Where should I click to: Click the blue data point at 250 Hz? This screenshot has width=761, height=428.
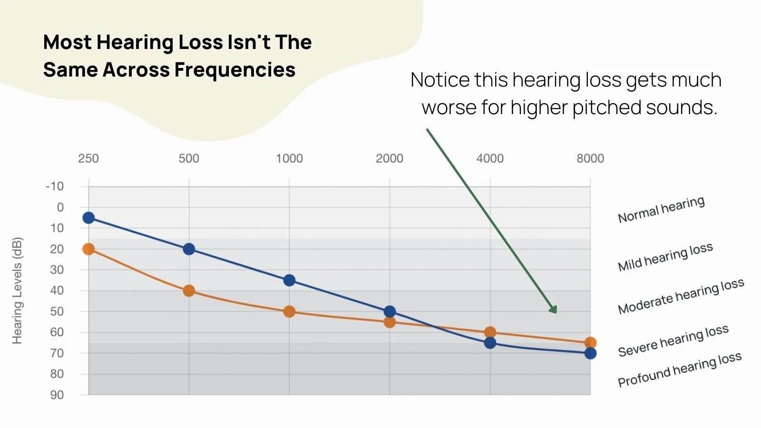point(88,218)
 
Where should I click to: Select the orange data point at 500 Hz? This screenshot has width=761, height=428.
point(189,291)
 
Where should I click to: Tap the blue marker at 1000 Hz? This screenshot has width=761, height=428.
point(289,280)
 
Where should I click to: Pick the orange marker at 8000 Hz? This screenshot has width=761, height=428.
point(590,342)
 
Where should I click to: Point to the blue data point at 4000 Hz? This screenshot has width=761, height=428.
point(490,343)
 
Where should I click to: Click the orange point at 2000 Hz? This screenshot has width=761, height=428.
point(390,322)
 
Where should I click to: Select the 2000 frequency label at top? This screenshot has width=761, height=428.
point(390,158)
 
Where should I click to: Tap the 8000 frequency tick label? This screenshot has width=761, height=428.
point(590,158)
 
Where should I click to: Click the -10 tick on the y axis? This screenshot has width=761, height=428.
point(55,186)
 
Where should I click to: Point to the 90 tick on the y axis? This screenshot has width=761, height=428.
point(57,395)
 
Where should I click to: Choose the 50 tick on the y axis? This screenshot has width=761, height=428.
point(57,311)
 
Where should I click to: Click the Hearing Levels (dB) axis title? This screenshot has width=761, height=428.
point(17,290)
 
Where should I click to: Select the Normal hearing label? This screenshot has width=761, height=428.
point(661,210)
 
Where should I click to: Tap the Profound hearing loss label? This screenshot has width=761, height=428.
point(679,370)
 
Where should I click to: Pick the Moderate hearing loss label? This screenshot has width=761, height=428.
point(681,296)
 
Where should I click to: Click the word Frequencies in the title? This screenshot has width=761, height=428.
point(235,70)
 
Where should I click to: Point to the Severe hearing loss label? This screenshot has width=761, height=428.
point(673,340)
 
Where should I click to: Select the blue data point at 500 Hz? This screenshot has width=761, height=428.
point(189,249)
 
